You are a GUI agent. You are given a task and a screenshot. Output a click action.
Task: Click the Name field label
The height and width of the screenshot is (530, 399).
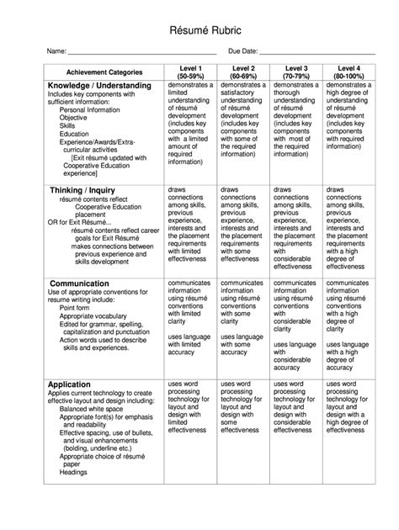click(56, 51)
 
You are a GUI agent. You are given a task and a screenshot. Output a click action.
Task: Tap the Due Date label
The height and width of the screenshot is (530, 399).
click(243, 51)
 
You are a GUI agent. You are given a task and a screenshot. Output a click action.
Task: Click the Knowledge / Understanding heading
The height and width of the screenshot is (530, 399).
click(99, 86)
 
